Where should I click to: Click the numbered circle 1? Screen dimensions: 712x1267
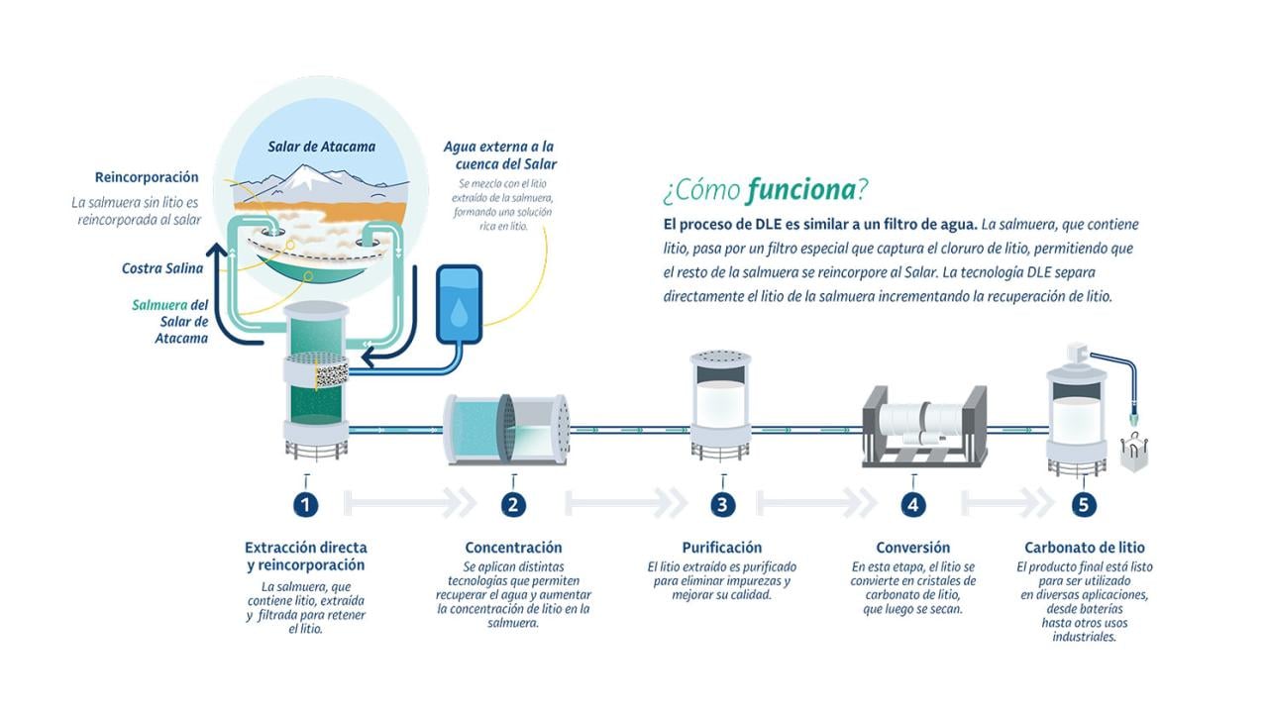point(306,505)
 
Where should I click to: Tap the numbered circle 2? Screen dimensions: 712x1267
point(512,505)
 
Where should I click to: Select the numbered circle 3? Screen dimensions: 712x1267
point(722,505)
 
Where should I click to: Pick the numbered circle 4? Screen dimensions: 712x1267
point(913,505)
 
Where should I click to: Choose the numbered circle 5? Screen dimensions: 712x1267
point(1084,505)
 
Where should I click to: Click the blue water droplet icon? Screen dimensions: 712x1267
point(459,313)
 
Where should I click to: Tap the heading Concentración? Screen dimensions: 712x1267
point(513,548)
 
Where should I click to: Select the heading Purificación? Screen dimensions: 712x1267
point(722,548)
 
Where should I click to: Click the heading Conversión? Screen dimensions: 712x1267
point(912,548)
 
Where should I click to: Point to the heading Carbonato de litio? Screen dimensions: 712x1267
point(1084,548)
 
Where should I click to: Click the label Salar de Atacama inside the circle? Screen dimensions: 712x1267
point(321,147)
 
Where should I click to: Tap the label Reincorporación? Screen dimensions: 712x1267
point(147,177)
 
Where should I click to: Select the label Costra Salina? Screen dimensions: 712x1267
point(162,268)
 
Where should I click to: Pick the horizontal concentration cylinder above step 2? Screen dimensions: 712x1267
point(506,428)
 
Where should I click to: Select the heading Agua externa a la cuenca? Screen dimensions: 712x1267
point(499,154)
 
